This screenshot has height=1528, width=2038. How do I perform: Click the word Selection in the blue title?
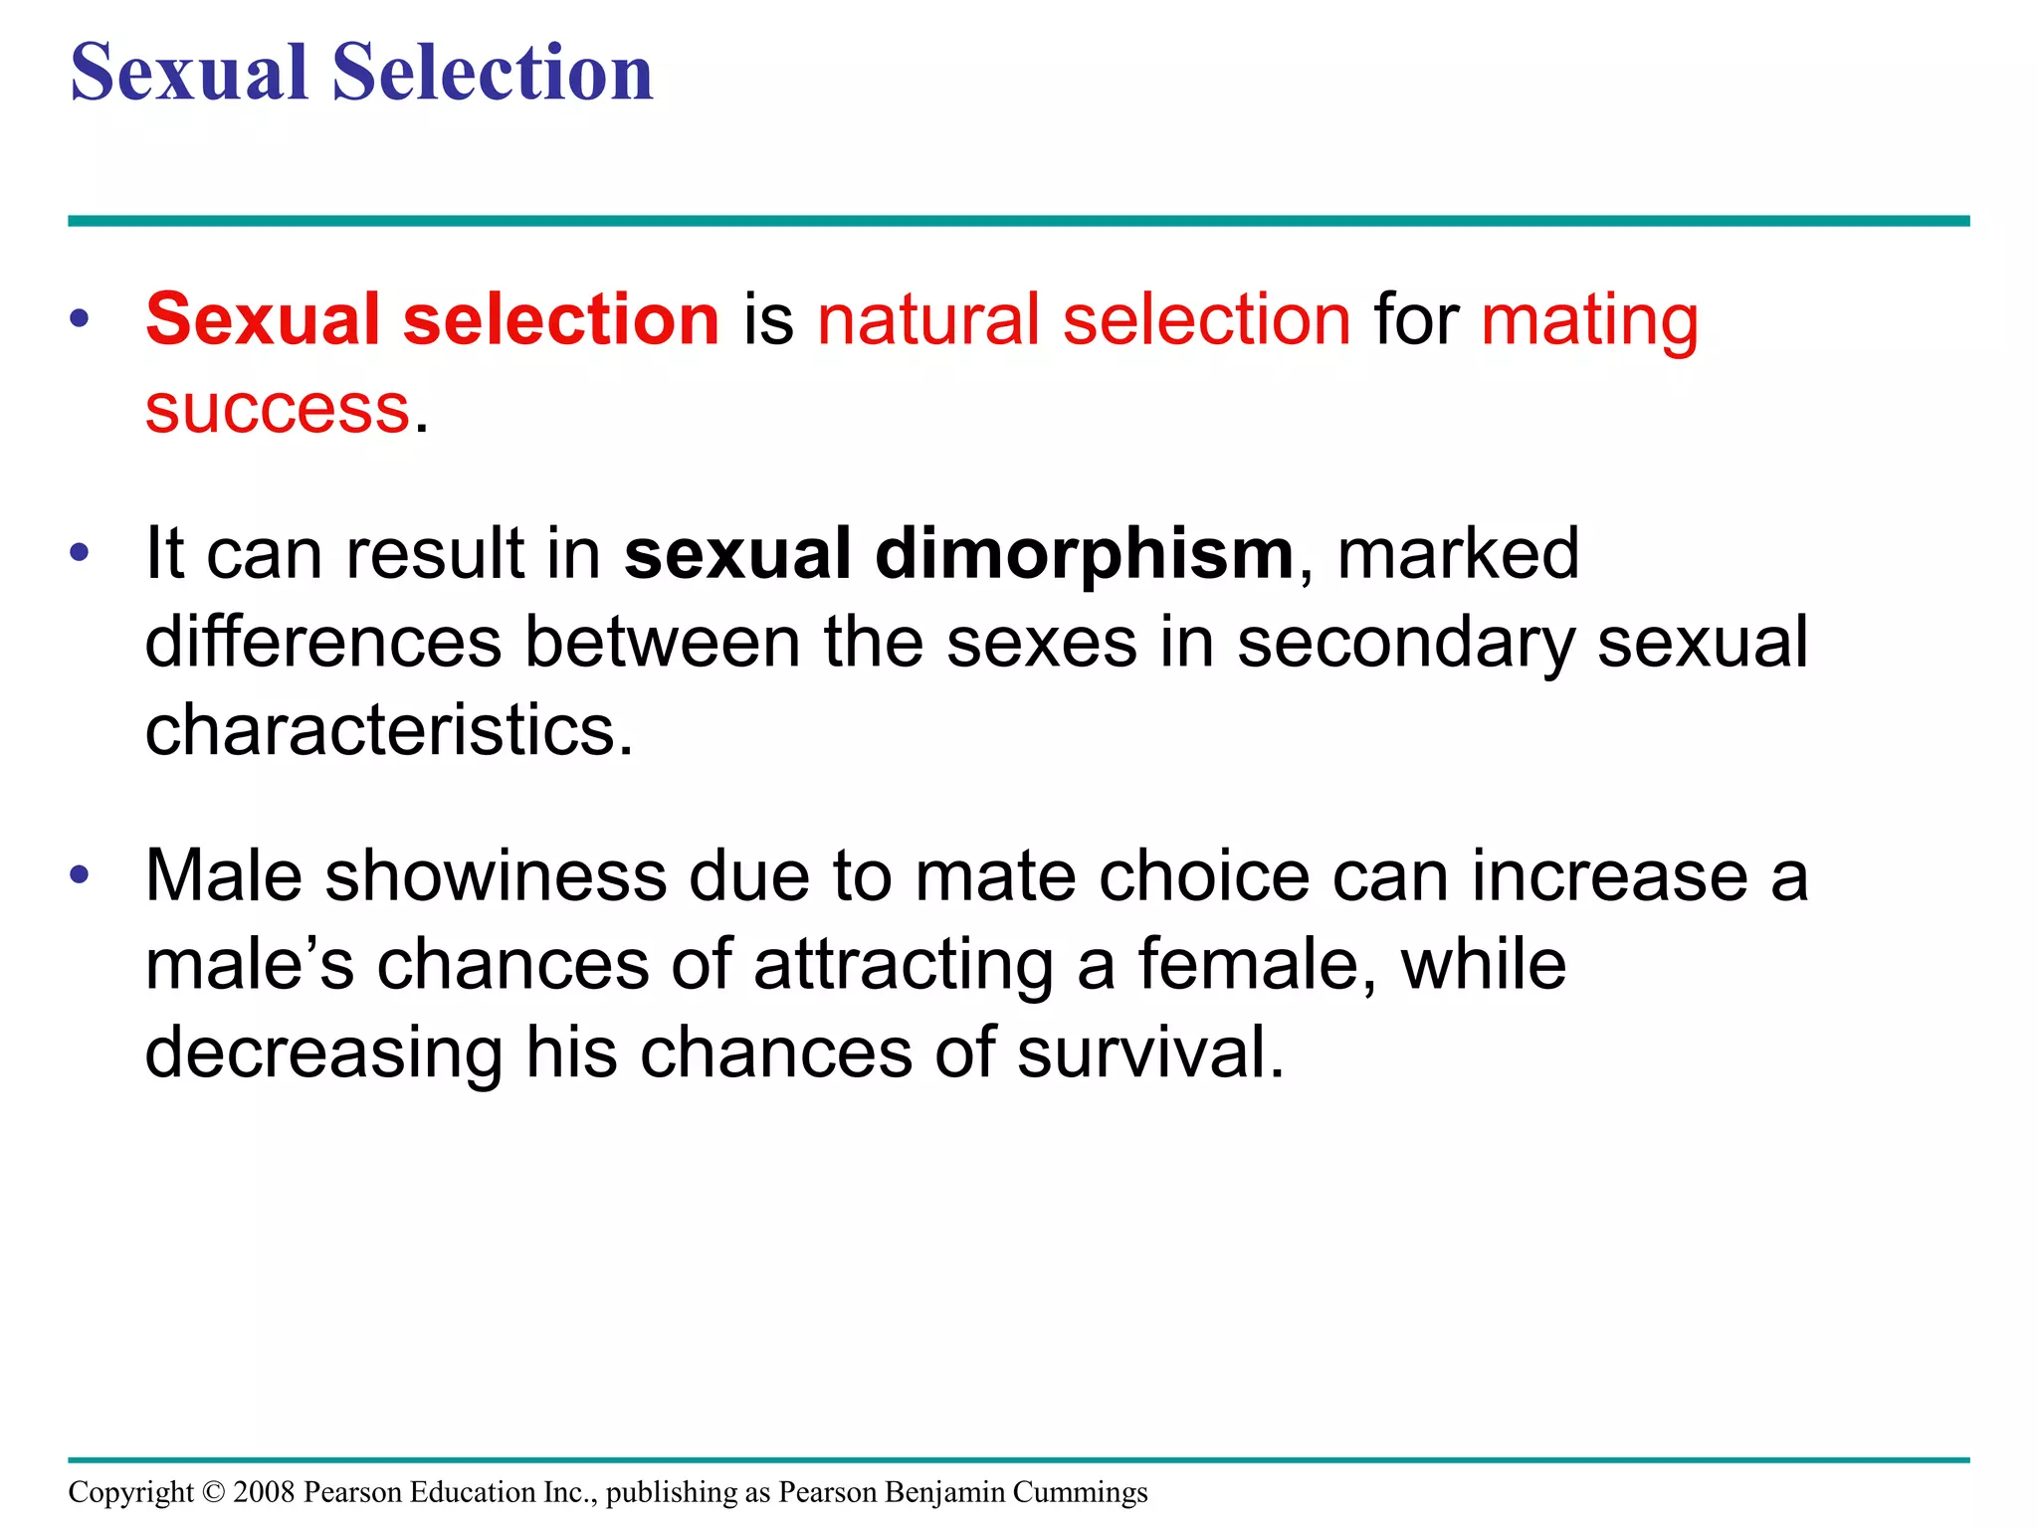[x=492, y=73]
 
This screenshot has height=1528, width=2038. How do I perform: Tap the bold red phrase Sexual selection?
[x=432, y=319]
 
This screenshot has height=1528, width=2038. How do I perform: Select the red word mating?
[x=1589, y=321]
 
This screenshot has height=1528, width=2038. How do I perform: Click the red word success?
[x=278, y=409]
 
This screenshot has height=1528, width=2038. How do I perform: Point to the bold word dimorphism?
[x=1084, y=553]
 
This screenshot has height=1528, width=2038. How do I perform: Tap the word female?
[x=1257, y=964]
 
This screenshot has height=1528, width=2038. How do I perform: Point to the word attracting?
[x=903, y=966]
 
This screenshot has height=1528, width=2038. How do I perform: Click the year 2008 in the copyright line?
[x=264, y=1492]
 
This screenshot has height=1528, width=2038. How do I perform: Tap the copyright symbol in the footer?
[x=213, y=1492]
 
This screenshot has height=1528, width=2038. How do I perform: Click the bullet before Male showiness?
[x=80, y=875]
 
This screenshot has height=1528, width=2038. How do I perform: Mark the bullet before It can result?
[x=80, y=552]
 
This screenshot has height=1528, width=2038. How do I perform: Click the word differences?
[x=323, y=642]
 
